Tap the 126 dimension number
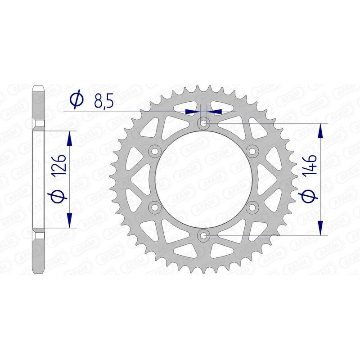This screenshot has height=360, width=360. click(61, 164)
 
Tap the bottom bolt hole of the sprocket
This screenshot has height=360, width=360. click(204, 235)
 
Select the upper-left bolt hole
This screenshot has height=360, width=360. click(155, 150)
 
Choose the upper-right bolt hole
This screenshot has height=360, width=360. click(252, 150)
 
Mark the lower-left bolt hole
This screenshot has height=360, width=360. click(155, 207)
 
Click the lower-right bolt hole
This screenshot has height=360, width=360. click(252, 207)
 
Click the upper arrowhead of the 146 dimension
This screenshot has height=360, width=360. click(320, 131)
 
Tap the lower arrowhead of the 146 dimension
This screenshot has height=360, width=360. click(320, 227)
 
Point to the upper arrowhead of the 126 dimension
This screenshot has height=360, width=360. click(69, 138)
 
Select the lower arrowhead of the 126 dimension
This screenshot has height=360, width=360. click(69, 220)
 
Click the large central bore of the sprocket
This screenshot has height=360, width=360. click(204, 179)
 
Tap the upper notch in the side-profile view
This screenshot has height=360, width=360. click(39, 123)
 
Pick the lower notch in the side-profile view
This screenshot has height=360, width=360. click(39, 235)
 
